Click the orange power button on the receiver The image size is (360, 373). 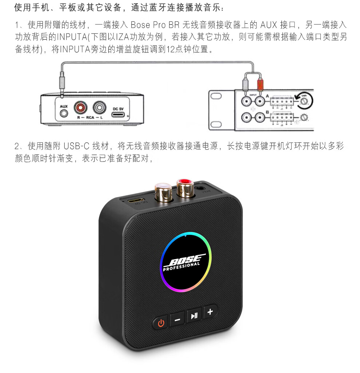(x=160, y=322)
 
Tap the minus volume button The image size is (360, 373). (x=177, y=320)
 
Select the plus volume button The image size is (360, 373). (x=210, y=312)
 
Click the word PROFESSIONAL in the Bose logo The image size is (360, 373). (x=181, y=267)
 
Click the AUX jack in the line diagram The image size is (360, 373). (x=64, y=113)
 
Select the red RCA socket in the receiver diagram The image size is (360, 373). (x=81, y=108)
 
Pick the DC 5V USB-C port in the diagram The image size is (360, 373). (x=119, y=115)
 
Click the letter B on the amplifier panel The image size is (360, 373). (x=267, y=112)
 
